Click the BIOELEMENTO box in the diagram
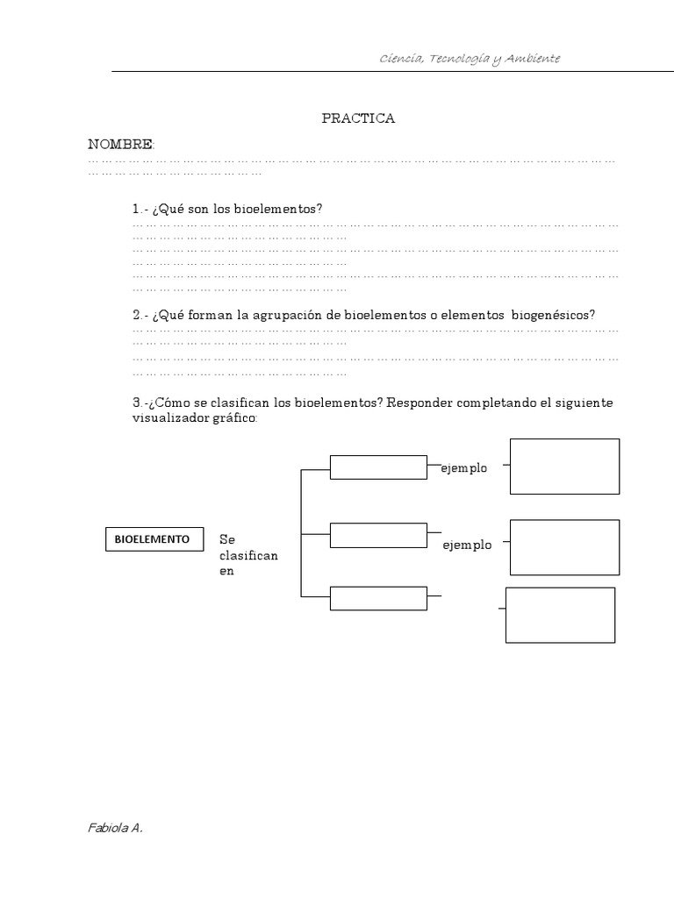(x=152, y=539)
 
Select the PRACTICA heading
(x=358, y=118)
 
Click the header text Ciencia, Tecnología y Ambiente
(x=470, y=58)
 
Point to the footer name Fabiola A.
(x=115, y=827)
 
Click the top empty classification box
(x=378, y=467)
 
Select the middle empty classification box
(x=378, y=533)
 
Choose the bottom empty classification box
(x=378, y=598)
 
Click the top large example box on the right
(x=564, y=467)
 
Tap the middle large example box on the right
(x=564, y=546)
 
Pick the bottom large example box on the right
(x=560, y=616)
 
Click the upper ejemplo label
(x=464, y=468)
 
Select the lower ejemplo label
(x=467, y=545)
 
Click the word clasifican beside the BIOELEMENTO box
(x=248, y=556)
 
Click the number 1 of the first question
(x=136, y=209)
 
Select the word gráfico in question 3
(x=234, y=418)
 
